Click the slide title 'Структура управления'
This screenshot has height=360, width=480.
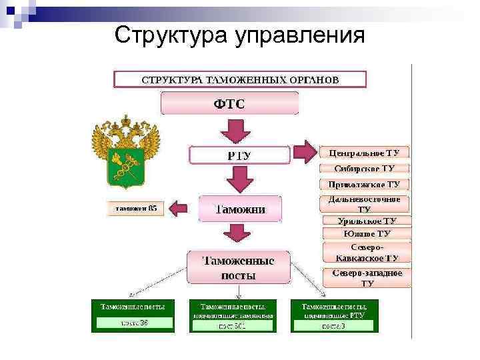click(x=239, y=34)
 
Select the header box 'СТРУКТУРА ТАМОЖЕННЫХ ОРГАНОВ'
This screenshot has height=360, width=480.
click(x=240, y=79)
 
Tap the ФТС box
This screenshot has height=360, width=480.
click(x=229, y=103)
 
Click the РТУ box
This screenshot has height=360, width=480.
click(x=239, y=155)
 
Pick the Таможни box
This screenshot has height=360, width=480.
click(x=239, y=209)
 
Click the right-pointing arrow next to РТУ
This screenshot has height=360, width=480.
click(x=305, y=153)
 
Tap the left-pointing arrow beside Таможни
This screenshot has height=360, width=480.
click(x=179, y=209)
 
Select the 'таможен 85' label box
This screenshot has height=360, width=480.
click(x=135, y=209)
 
